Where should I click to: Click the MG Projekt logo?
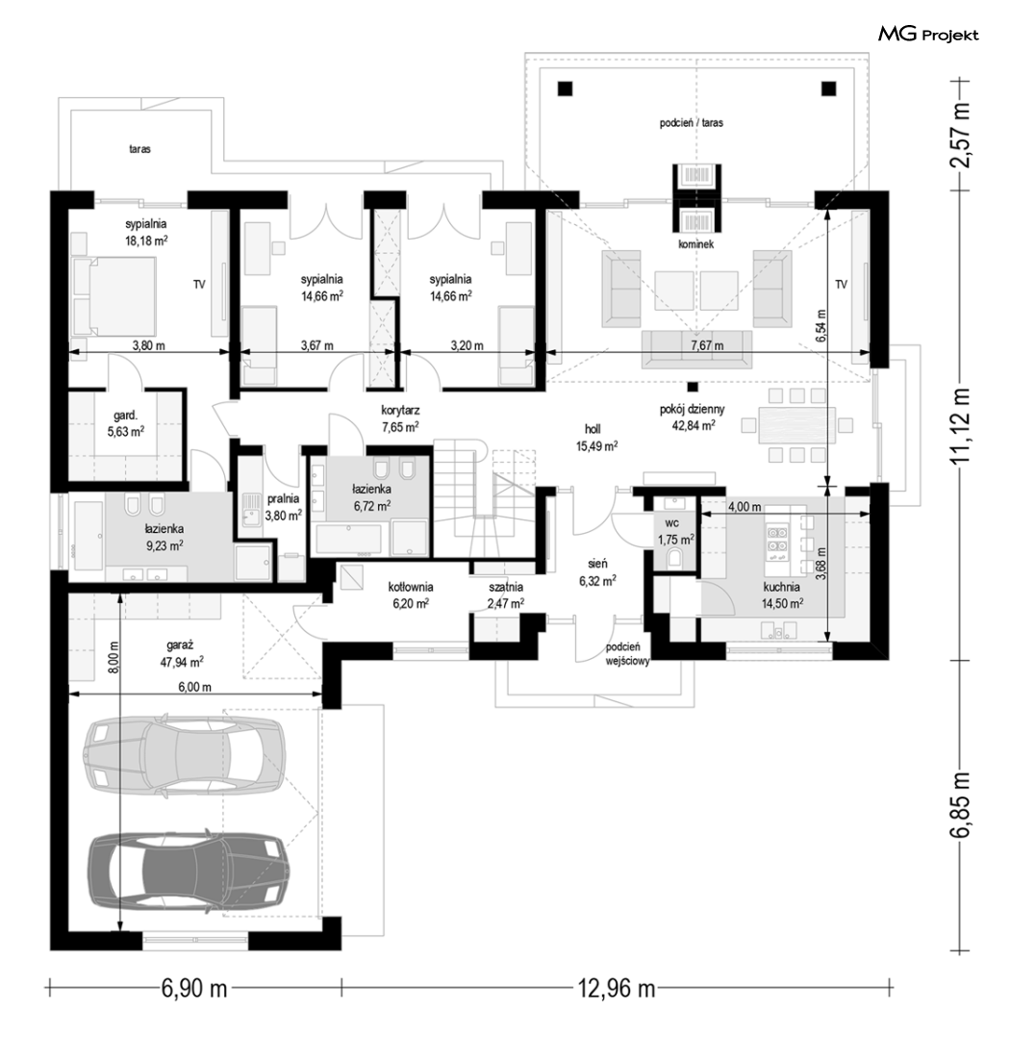[928, 35]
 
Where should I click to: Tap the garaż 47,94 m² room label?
[181, 652]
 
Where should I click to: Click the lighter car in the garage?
[184, 752]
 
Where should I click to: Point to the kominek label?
[695, 244]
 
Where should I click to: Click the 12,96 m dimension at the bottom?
[617, 989]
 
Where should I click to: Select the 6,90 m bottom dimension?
[193, 989]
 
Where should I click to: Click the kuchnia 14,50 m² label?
[782, 594]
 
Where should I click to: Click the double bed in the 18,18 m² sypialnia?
[114, 296]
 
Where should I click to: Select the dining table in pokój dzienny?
[797, 424]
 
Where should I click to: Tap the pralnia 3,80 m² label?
[284, 507]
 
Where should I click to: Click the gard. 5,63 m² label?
[126, 423]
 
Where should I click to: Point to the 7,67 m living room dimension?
[706, 345]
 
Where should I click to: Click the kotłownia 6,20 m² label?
[411, 594]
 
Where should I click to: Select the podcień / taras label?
[692, 123]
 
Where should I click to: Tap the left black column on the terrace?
[565, 88]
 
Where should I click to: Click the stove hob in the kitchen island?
[774, 539]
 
